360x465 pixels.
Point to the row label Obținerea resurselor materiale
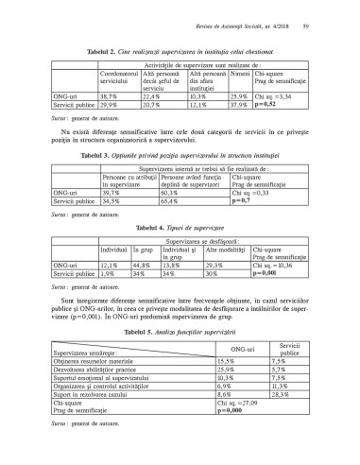[x=94, y=361]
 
